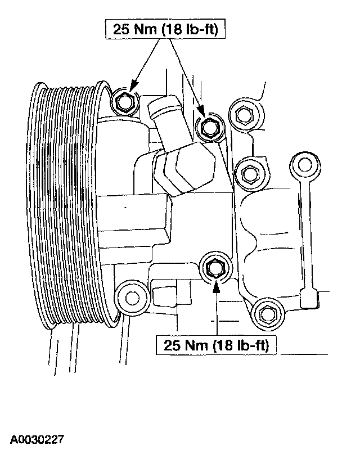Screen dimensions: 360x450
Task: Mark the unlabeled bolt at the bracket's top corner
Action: [243, 116]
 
